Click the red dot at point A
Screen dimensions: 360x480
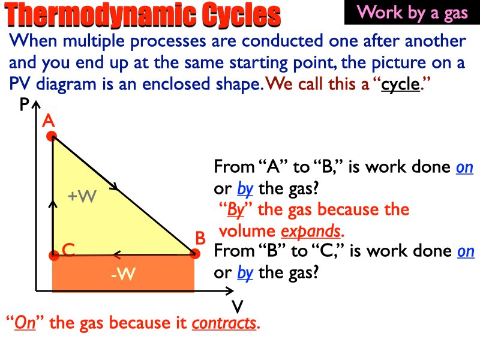[52, 136]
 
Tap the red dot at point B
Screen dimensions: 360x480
[194, 254]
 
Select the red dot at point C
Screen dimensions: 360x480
[53, 256]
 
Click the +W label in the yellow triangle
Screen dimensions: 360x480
[82, 196]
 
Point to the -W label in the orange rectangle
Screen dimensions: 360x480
[124, 275]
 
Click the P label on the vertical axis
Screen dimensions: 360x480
[24, 106]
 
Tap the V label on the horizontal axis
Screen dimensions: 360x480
[237, 307]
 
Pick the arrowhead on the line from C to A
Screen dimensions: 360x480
[53, 205]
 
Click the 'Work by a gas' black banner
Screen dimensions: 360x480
[412, 13]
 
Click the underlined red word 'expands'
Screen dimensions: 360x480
[310, 231]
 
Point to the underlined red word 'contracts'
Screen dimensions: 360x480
[224, 323]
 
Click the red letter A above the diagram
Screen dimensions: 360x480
[49, 121]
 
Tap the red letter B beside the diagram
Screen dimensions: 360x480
[200, 239]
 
